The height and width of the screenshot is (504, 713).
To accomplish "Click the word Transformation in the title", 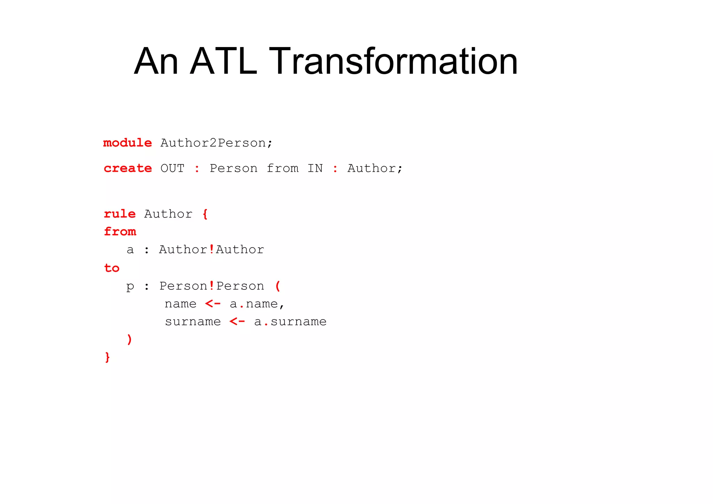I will click(x=393, y=62).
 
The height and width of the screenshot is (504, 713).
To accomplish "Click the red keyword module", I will click(x=127, y=143).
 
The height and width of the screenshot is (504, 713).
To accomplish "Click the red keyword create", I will click(x=128, y=168).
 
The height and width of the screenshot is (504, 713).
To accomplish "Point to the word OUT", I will click(x=172, y=169).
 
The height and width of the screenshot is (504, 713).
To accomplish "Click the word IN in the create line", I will click(x=315, y=169).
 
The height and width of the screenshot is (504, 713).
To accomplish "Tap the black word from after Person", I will click(x=282, y=169).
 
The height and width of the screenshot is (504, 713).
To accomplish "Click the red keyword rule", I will click(x=119, y=214).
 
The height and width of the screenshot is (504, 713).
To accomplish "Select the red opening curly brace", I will click(x=205, y=214).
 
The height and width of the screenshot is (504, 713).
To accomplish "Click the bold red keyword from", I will click(x=120, y=232).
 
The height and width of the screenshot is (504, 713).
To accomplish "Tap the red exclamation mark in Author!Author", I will click(x=211, y=249).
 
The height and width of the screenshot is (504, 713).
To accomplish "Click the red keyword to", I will click(x=111, y=268).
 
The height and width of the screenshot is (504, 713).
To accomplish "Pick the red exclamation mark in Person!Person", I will click(x=211, y=286).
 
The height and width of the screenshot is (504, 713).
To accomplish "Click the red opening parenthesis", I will click(x=277, y=286).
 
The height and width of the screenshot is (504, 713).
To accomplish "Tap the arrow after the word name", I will click(x=213, y=304).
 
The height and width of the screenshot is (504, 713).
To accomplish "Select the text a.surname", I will click(x=290, y=322).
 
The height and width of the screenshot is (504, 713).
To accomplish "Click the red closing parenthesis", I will click(x=130, y=339).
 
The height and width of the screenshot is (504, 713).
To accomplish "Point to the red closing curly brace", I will click(x=107, y=357).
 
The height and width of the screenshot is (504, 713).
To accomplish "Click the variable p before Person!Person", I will click(x=130, y=287).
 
